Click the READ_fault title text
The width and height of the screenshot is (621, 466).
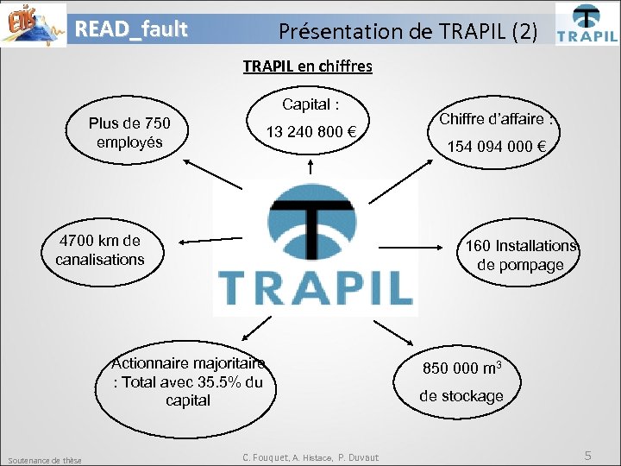(x=131, y=29)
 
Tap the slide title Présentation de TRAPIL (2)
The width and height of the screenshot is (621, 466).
(x=408, y=32)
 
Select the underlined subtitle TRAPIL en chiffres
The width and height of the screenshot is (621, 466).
(x=307, y=66)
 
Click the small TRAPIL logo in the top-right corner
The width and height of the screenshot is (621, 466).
(x=586, y=23)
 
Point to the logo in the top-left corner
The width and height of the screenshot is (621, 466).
(x=34, y=23)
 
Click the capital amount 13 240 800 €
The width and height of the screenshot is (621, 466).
(x=310, y=132)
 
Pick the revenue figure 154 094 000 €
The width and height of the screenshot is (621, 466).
(x=496, y=146)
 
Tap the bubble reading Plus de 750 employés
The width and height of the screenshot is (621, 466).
(x=129, y=133)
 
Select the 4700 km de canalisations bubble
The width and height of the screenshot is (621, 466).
(x=100, y=249)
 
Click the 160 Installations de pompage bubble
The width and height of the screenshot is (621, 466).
(x=520, y=255)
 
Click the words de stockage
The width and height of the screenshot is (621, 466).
(x=461, y=396)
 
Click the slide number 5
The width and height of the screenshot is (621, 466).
(x=587, y=455)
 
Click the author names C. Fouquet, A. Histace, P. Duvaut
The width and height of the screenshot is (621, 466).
(x=310, y=457)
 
